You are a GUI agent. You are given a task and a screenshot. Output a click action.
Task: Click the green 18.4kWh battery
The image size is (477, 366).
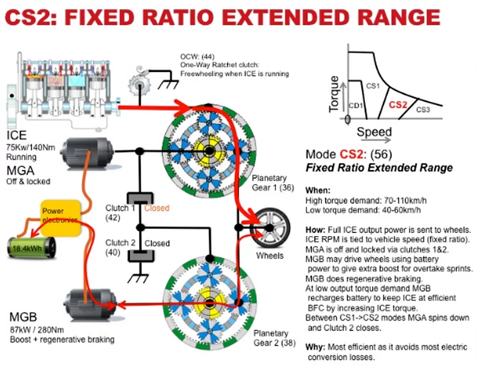point(31,246)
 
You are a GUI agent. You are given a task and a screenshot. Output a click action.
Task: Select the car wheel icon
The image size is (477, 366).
point(270,227)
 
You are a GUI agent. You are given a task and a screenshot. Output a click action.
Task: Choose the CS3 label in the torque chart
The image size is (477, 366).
point(423,110)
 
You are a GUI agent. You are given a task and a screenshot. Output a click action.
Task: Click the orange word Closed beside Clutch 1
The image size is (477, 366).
point(157,209)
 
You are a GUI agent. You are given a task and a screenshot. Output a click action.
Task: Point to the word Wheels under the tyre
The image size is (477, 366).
point(270,256)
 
